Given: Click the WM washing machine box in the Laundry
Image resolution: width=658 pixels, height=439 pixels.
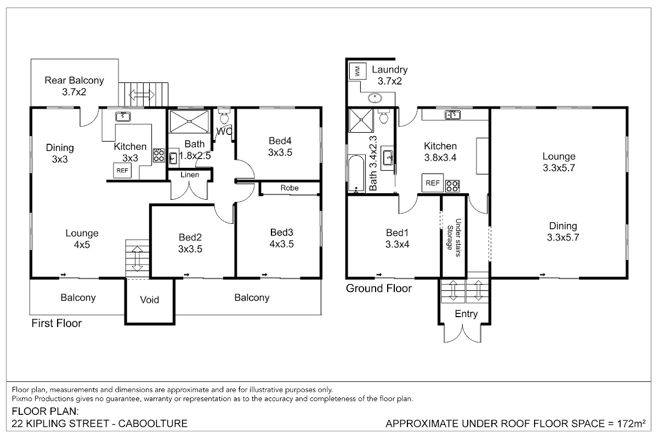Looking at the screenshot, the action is point(358,71).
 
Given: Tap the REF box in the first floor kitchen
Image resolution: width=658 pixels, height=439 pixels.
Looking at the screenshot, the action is point(122,171).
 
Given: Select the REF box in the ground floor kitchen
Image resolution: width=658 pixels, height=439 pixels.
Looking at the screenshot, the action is point(433,183).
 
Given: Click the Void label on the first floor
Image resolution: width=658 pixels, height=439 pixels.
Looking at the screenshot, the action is point(150,300).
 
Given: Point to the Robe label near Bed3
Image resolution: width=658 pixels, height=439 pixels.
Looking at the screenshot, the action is point(290,188).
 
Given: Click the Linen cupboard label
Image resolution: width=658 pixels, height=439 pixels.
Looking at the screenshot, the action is point(190,175).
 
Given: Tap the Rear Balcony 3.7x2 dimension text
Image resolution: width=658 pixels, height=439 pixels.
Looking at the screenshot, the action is point(74,92).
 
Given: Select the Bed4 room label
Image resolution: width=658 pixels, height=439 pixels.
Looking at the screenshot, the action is point(280,141).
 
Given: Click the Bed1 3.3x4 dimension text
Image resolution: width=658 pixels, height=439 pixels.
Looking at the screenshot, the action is point(397,244).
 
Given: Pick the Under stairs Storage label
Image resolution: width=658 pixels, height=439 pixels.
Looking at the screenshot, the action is point(454,238).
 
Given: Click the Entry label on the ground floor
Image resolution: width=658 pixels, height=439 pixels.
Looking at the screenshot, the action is point(466,314).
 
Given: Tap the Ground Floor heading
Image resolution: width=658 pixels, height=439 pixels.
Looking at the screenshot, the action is point(379,289).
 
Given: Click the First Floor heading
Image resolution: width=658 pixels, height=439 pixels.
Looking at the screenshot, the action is point(56,323).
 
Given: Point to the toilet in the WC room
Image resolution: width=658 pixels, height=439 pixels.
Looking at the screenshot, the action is point(224,116).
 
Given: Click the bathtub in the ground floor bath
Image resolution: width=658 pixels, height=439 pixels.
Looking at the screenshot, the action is point(356,173).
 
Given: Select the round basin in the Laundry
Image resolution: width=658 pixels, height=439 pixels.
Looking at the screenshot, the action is point(375,98).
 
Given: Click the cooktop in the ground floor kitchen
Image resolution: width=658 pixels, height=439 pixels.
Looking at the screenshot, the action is point(452,186).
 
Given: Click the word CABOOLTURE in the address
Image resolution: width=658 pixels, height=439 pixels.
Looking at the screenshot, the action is point(153,424).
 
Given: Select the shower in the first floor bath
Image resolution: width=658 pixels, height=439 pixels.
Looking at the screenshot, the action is point(189,121).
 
